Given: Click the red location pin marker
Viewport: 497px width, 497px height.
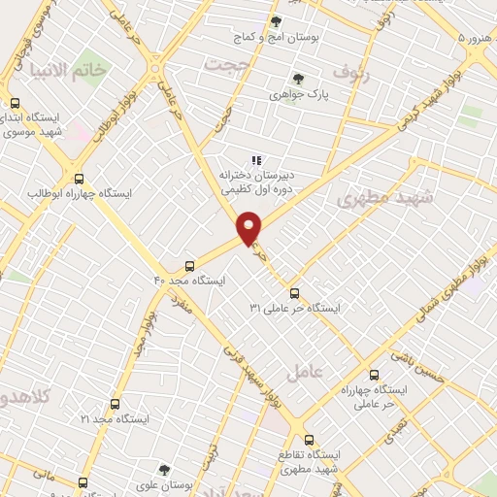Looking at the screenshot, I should tap(249, 227).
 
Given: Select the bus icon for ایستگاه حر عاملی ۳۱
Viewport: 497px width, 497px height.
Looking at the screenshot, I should tap(294, 293).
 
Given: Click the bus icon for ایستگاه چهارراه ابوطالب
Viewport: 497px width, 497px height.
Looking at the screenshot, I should tap(80, 179).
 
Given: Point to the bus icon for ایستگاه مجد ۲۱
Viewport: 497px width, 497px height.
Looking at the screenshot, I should tap(115, 404).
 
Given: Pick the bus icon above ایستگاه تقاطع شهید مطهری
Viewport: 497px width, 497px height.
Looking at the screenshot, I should tap(309, 439).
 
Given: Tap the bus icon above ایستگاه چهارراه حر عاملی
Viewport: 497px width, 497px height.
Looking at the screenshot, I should tap(374, 374).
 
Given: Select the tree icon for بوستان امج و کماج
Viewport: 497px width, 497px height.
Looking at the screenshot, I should tap(276, 21).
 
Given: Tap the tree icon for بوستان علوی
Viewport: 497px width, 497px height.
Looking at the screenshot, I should tap(164, 469).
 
